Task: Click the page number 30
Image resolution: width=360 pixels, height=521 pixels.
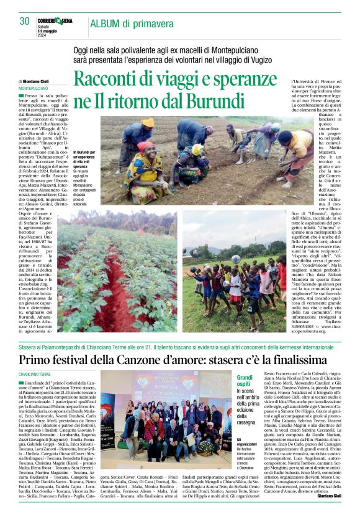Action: coord(24,21)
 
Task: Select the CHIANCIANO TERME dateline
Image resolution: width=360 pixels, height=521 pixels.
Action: coord(35,375)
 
